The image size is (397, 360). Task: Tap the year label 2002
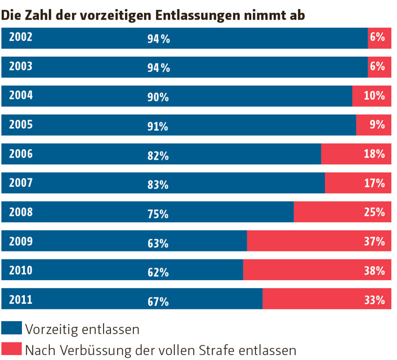tap(21, 37)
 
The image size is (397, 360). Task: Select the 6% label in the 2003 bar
tap(377, 66)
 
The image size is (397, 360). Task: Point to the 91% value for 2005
tap(158, 127)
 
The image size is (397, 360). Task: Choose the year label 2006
tap(21, 154)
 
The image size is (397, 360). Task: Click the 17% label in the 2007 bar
tap(374, 183)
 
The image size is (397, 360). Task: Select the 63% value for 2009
tap(158, 244)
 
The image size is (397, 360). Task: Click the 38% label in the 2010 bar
tap(374, 271)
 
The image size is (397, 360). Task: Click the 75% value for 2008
tap(158, 214)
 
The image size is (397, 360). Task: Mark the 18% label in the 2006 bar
tap(374, 154)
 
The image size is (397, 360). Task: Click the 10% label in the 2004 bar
tap(374, 96)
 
